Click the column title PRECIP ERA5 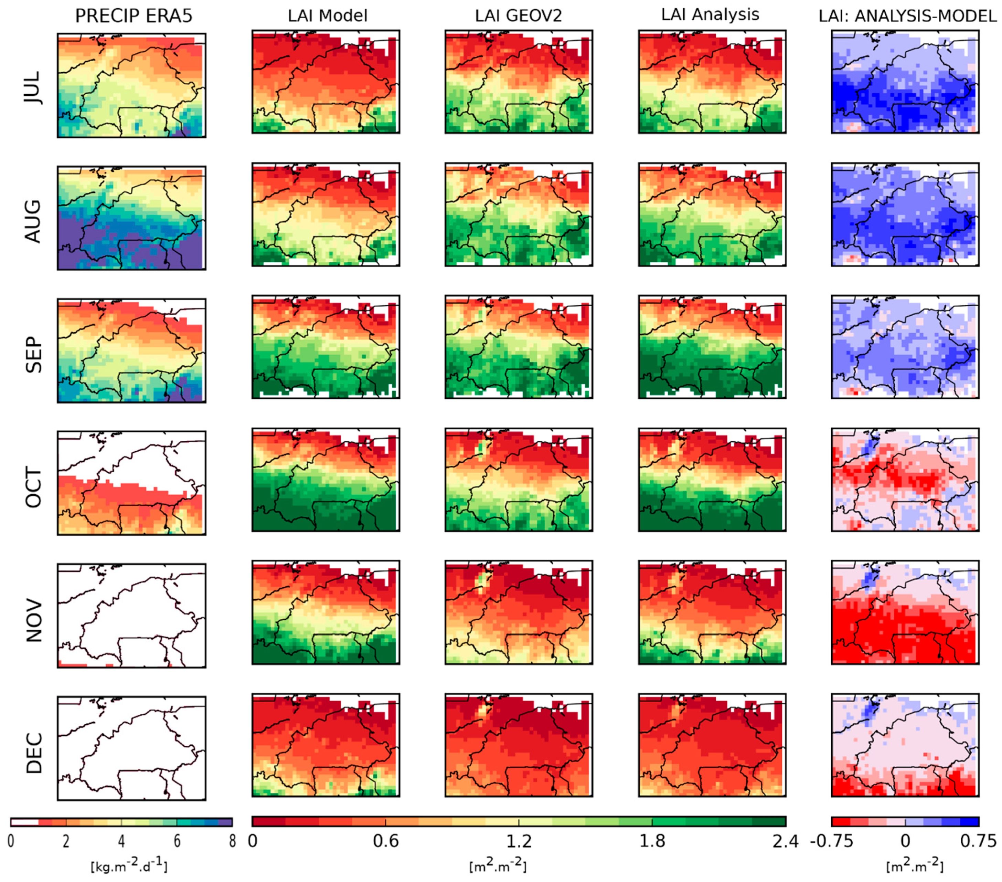click(x=134, y=16)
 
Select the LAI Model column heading click(x=328, y=16)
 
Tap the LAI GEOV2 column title click(x=518, y=16)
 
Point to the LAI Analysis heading click(x=710, y=15)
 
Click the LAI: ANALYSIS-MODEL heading click(x=907, y=16)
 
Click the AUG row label click(x=34, y=221)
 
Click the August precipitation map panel click(x=131, y=218)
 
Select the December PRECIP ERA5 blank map click(x=131, y=748)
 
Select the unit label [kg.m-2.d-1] click(x=129, y=866)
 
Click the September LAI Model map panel click(x=326, y=347)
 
